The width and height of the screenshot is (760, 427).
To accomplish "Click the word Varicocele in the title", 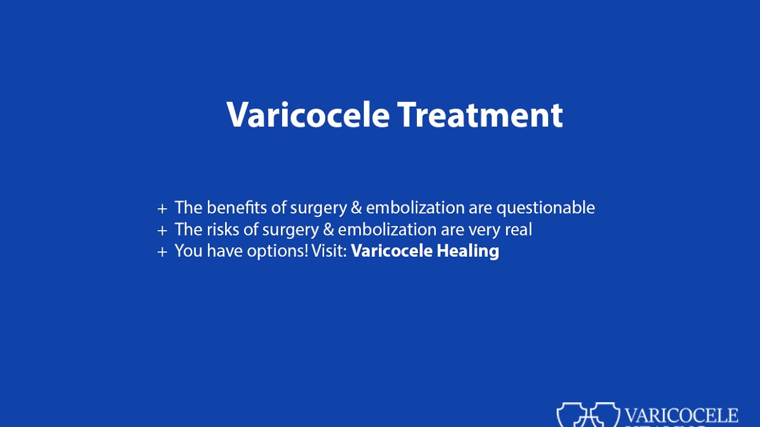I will click(308, 114).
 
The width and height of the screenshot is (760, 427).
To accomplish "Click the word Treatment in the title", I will click(480, 114).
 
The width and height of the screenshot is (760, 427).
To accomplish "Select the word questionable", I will click(545, 208).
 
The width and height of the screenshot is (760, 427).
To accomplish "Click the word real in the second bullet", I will click(518, 230).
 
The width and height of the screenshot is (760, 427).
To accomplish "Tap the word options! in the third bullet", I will click(277, 251).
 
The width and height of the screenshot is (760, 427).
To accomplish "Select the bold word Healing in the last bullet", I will click(468, 251).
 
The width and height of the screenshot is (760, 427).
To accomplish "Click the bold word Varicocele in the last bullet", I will click(392, 251).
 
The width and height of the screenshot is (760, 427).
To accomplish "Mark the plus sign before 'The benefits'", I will click(162, 209).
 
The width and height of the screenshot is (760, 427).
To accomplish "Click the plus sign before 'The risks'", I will click(162, 230).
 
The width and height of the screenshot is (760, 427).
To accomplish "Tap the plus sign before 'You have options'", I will click(162, 252).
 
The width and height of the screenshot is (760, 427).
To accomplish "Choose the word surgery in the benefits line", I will click(319, 208).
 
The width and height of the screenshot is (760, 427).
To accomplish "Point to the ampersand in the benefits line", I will click(357, 208).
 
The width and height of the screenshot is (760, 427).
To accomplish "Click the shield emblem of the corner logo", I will click(588, 415).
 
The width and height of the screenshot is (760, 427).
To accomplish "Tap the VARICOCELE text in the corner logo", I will click(682, 415).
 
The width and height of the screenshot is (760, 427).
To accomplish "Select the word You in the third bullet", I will click(188, 251).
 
